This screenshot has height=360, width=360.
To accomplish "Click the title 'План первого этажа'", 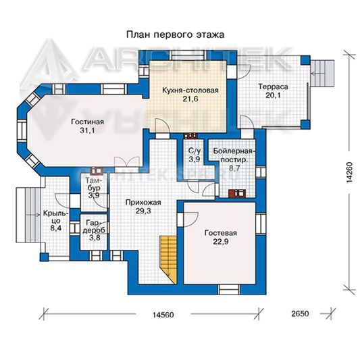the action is (x=175, y=35).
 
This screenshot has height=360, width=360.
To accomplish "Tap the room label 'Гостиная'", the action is (x=87, y=122).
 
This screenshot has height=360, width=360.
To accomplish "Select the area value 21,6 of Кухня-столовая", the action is (x=190, y=99).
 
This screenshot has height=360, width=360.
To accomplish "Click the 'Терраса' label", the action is (x=273, y=86).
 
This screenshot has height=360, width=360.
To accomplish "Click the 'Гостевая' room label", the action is (x=220, y=233).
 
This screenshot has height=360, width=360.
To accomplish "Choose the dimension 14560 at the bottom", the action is (x=163, y=315).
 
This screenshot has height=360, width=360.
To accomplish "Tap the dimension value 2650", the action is (x=300, y=314).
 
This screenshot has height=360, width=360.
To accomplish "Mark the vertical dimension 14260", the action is (x=349, y=172).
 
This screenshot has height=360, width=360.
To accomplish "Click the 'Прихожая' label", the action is (x=143, y=203).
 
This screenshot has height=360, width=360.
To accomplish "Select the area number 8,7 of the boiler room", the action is (x=234, y=168).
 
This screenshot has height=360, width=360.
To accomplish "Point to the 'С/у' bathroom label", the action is (x=195, y=151).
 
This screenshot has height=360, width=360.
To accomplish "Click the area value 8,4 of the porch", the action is (x=55, y=228).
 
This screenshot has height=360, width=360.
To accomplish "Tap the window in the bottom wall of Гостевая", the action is (x=229, y=289).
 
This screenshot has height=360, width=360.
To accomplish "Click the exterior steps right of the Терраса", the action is (x=322, y=73).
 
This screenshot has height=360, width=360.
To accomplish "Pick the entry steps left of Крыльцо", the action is (x=28, y=215).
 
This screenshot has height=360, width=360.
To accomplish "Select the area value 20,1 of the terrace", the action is (x=273, y=95).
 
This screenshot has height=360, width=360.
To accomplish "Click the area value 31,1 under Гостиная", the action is (x=87, y=130).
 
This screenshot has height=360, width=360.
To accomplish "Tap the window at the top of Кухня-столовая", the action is (x=188, y=55).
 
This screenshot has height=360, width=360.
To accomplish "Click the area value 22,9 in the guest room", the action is (x=220, y=242).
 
